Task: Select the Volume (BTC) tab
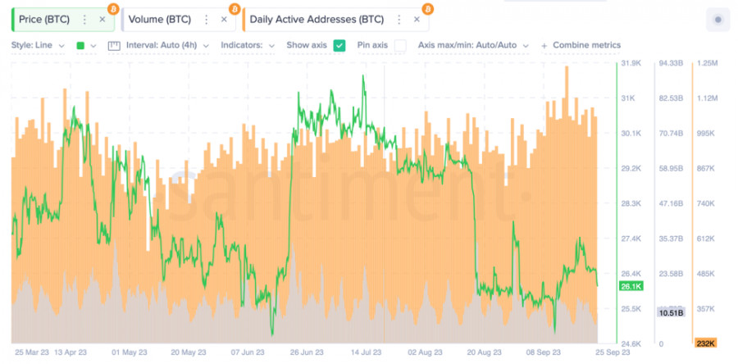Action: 159,19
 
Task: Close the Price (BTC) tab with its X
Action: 102,19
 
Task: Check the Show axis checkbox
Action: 339,45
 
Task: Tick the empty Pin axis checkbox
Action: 400,45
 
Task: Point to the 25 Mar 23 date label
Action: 31,353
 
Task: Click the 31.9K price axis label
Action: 631,63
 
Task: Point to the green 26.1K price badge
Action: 631,286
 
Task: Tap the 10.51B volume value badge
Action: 671,312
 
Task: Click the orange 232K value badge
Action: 705,343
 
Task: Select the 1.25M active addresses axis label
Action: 707,63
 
